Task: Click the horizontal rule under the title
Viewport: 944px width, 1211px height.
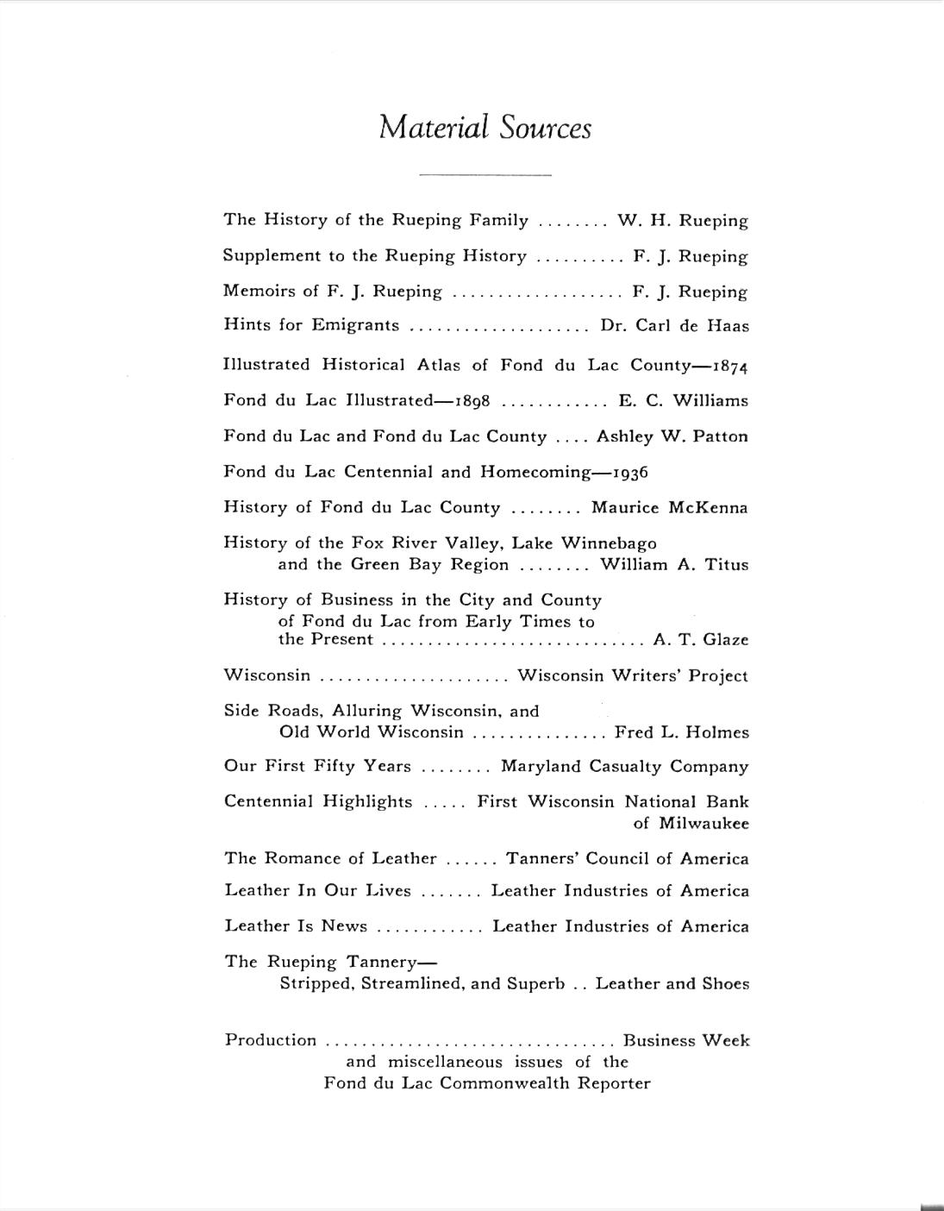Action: (x=485, y=175)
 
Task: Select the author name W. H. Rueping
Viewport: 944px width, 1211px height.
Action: (x=683, y=221)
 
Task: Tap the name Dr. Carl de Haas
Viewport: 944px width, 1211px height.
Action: (x=674, y=326)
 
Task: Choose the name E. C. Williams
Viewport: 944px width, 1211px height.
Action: (x=683, y=401)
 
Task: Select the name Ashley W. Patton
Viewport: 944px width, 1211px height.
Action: (x=672, y=436)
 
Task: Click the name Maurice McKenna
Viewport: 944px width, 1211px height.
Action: (x=669, y=508)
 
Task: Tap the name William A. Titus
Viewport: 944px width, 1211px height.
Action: (x=674, y=565)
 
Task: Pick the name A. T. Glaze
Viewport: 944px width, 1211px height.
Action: (x=701, y=640)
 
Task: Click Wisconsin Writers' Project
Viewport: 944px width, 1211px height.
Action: (x=633, y=676)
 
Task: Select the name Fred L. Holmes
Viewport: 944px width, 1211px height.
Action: (x=681, y=733)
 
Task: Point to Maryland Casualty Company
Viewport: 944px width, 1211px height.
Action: (x=624, y=767)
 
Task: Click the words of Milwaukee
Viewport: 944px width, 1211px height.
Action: (x=691, y=824)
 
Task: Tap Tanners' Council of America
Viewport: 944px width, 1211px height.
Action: (x=627, y=859)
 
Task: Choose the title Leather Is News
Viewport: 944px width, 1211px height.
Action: (x=296, y=926)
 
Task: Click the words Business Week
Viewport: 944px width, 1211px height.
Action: (x=685, y=1041)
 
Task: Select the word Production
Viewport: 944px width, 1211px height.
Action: (x=271, y=1040)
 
